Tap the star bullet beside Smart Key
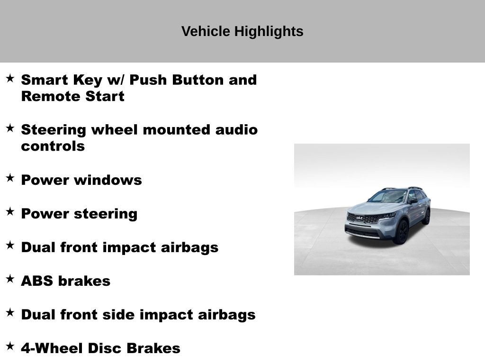10,78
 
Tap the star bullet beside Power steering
10,212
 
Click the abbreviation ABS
37,281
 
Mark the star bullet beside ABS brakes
10,280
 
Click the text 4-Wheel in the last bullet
48,348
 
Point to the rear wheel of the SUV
427,217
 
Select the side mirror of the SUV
413,201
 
